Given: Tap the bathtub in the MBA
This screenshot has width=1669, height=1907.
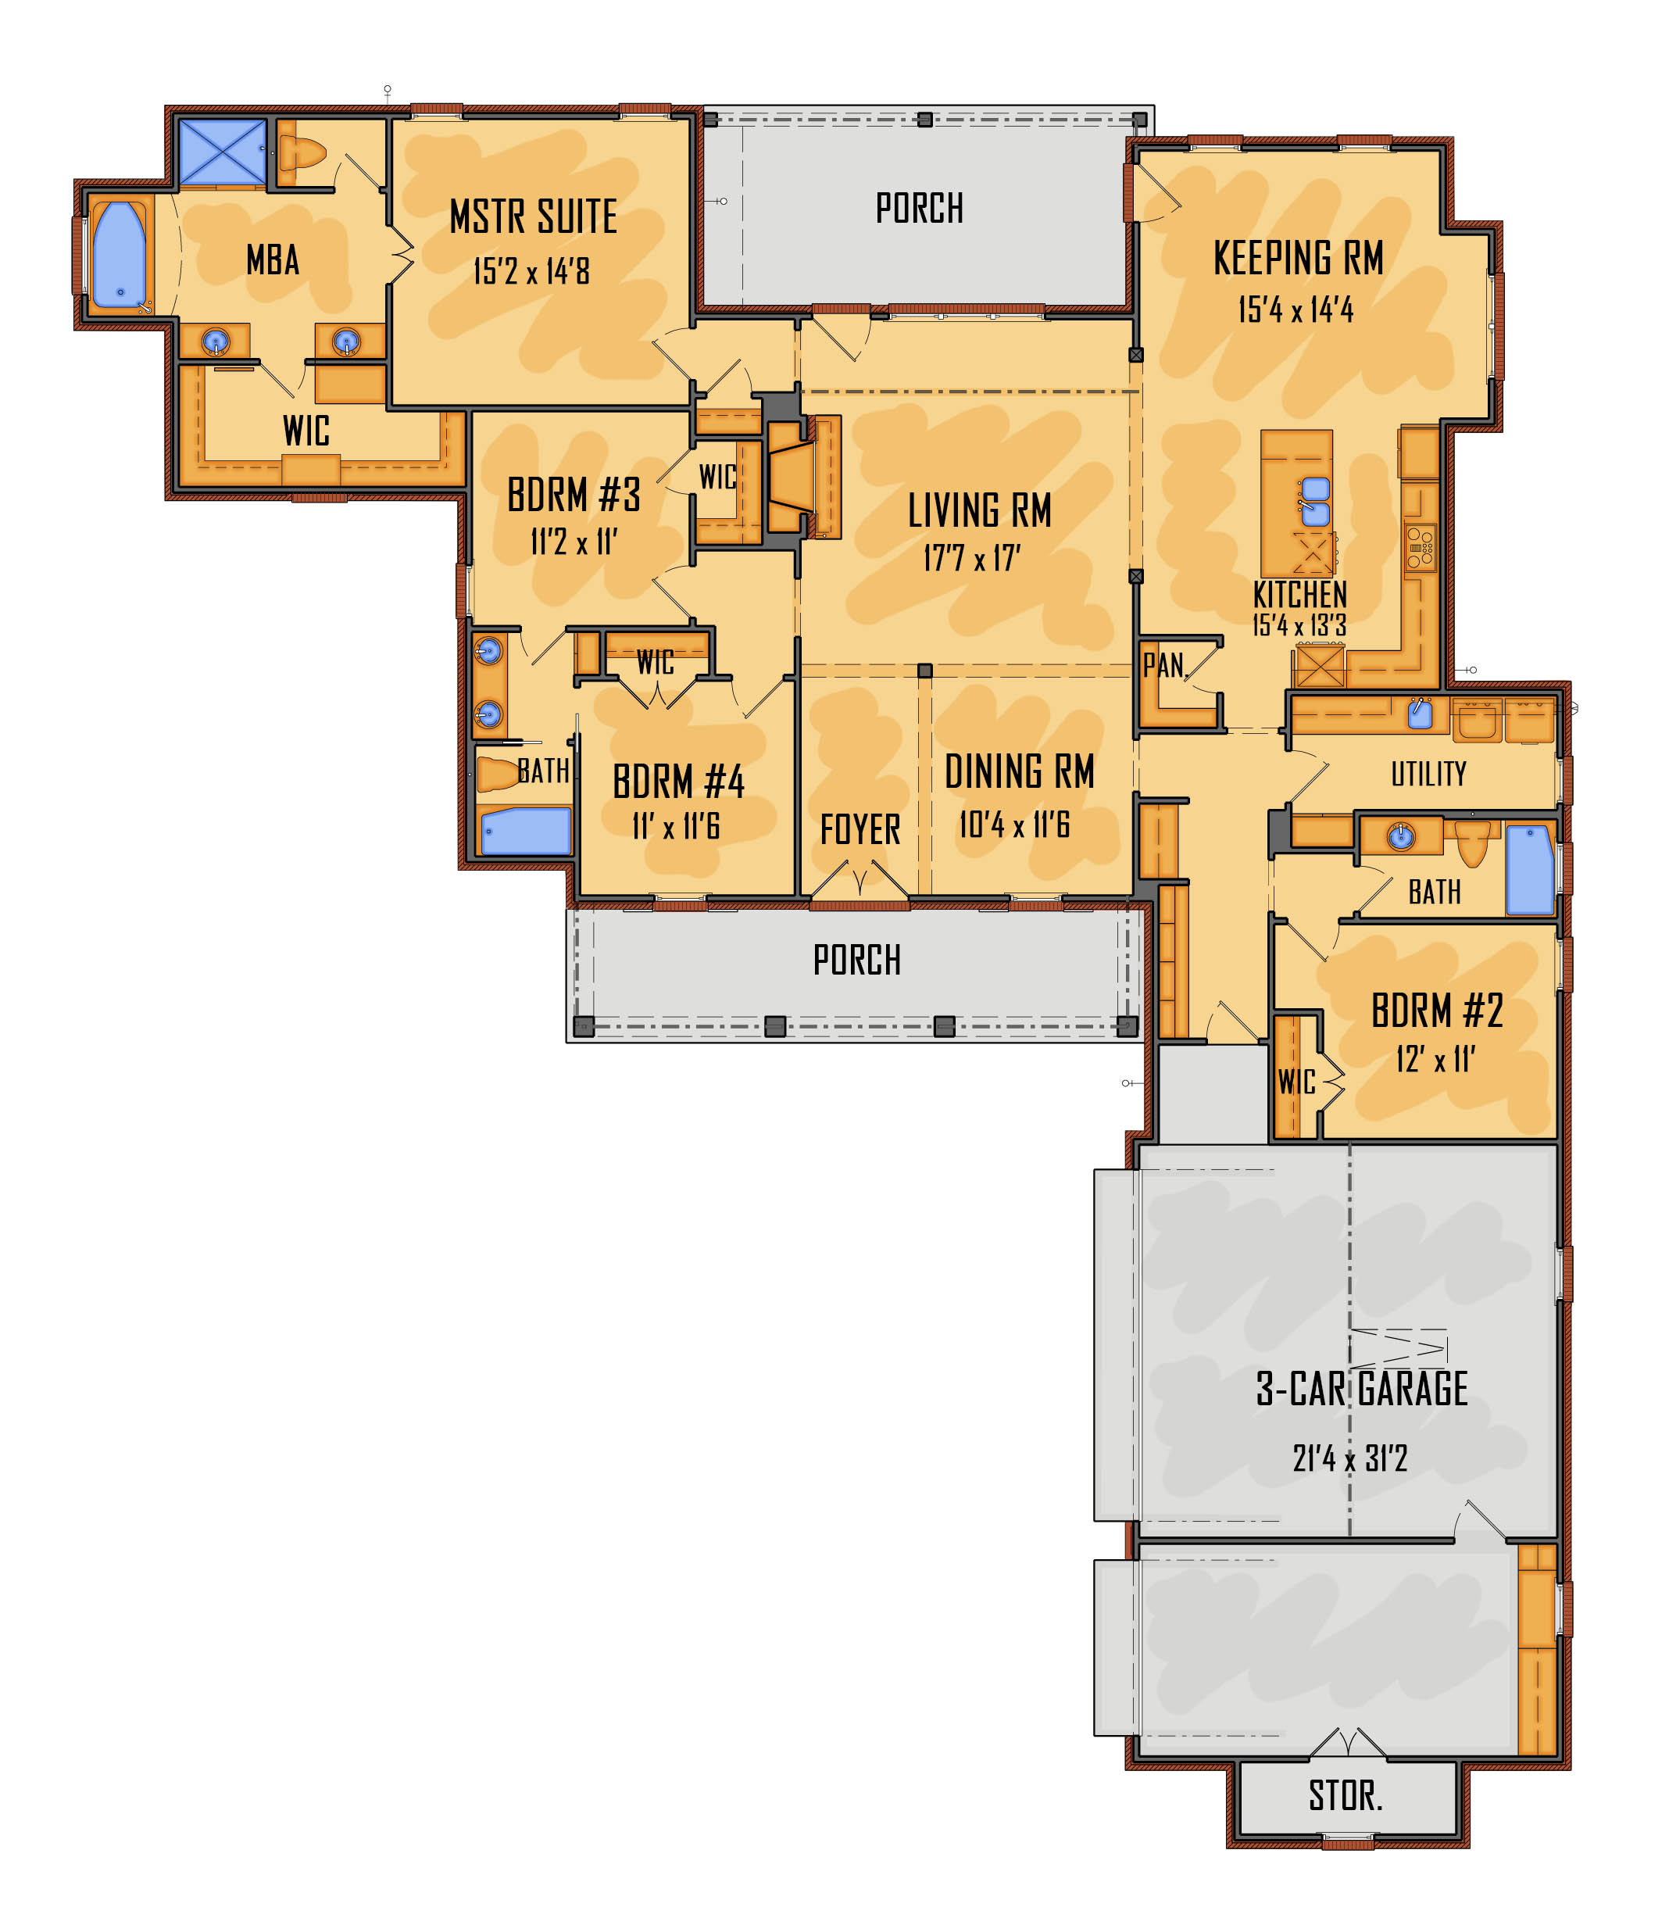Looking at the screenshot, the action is [x=120, y=254].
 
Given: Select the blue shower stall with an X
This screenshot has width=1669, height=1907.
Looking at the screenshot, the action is [x=222, y=152].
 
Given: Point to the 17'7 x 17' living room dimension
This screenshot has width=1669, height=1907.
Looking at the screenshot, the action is [x=971, y=558].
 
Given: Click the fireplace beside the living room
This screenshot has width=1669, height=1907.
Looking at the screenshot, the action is [x=790, y=477].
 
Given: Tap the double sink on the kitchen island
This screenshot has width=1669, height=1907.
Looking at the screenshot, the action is [x=1315, y=501].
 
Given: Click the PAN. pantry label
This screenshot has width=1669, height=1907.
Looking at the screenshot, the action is [x=1164, y=665].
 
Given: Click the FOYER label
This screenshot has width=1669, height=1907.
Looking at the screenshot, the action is [x=860, y=829].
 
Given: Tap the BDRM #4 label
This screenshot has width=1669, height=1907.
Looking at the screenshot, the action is [x=678, y=782].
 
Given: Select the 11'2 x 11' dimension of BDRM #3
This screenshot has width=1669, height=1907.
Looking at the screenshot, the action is [x=574, y=542].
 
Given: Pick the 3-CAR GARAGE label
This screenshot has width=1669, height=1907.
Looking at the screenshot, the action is [x=1362, y=1388].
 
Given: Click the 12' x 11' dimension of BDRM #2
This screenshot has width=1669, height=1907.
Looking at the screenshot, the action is [x=1435, y=1059].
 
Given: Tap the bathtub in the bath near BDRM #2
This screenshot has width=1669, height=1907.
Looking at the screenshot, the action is [x=1529, y=869].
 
